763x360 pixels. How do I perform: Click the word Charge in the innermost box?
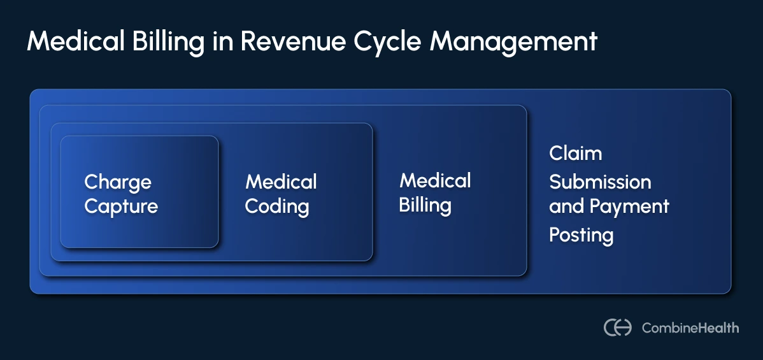pos(118,183)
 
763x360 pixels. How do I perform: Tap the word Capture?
pos(121,206)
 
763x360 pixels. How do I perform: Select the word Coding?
pos(277,206)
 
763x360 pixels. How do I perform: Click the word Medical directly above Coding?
pos(281,182)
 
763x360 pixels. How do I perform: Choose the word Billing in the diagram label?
pos(425,206)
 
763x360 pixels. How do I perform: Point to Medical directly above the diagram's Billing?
pos(435,181)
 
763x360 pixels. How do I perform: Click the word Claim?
pos(575,154)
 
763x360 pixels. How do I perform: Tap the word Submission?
pos(600,182)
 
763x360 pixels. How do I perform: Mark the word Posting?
pos(581,235)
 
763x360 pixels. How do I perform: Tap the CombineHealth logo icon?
pos(617,328)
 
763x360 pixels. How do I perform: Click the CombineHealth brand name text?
pos(690,328)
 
